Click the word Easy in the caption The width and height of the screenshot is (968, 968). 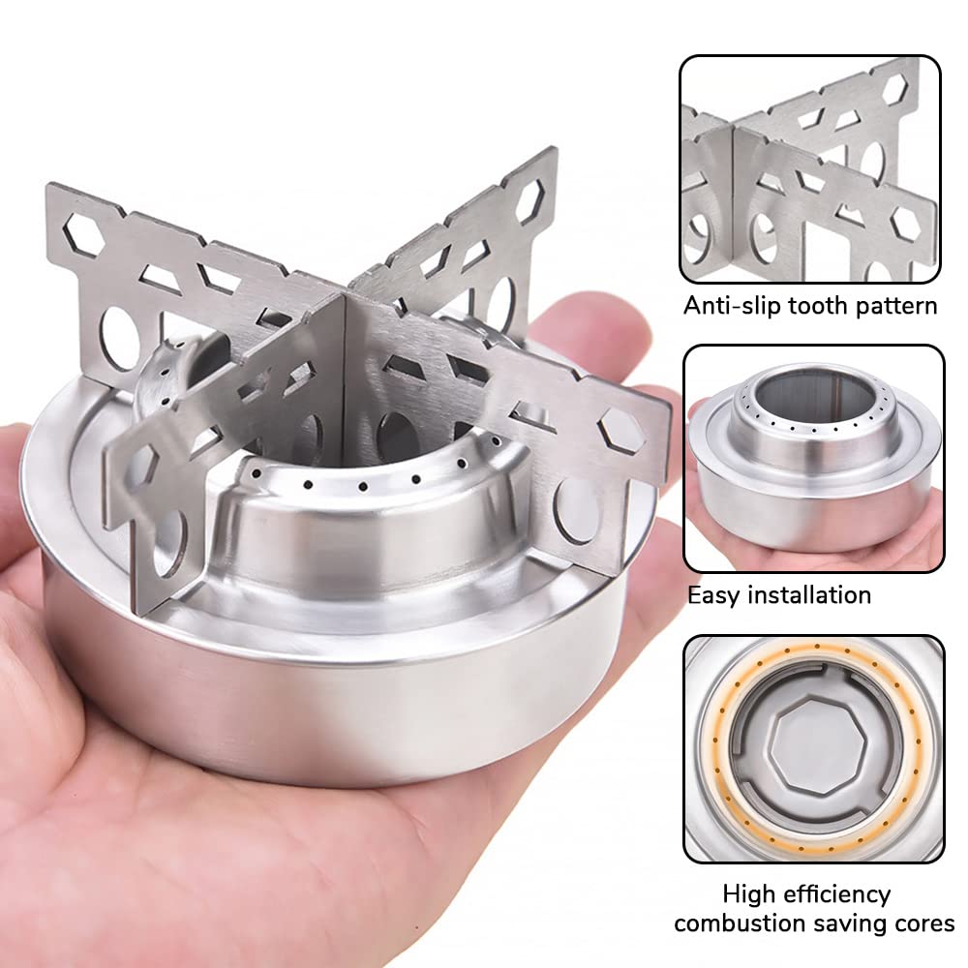pos(713,595)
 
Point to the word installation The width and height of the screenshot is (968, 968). pos(809,595)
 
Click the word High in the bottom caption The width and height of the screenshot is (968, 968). pos(749,894)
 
